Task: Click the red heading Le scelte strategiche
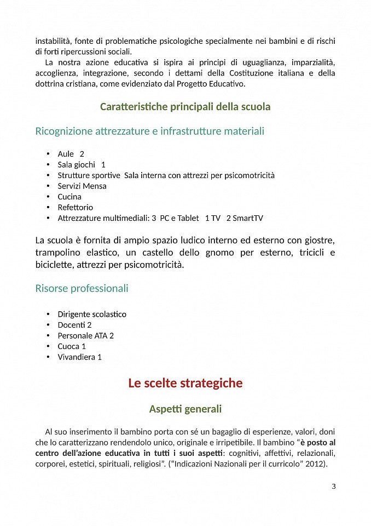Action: click(185, 383)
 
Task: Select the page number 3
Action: click(334, 486)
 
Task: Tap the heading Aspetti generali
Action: click(185, 409)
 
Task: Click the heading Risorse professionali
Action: click(82, 288)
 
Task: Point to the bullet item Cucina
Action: click(69, 197)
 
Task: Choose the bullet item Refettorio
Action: click(76, 207)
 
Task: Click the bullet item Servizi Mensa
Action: click(82, 186)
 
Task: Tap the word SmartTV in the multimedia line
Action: click(248, 218)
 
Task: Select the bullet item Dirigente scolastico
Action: click(92, 314)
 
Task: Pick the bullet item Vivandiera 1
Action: click(80, 357)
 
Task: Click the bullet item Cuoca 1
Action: click(72, 346)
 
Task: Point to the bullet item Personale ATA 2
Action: click(86, 335)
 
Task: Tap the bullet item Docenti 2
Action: click(74, 325)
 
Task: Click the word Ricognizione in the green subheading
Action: click(63, 131)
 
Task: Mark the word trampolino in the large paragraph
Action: click(60, 253)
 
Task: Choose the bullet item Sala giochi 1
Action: click(82, 164)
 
